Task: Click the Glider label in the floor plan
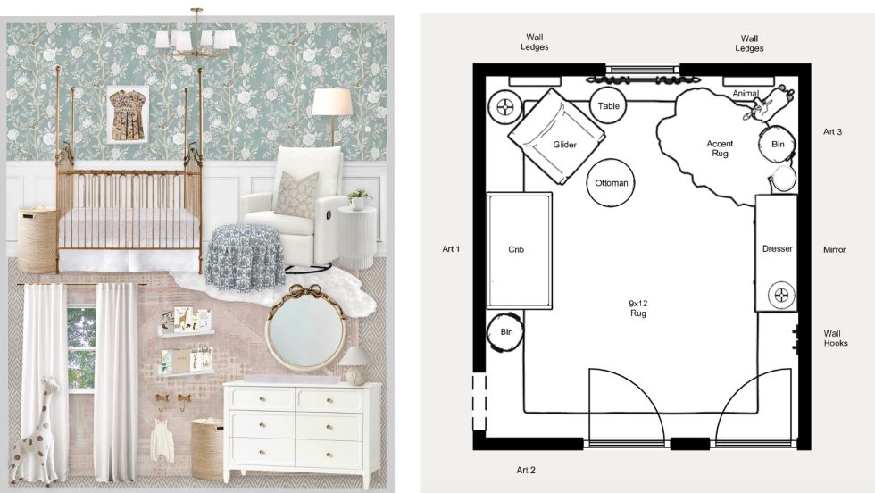(564, 145)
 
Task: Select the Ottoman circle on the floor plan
(611, 182)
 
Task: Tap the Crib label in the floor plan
(516, 249)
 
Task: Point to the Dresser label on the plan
(778, 248)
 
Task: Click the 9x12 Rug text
(637, 308)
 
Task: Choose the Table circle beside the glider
(609, 105)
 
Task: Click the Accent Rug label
(720, 148)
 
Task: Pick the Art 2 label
(526, 470)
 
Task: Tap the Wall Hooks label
(836, 338)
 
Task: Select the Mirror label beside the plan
(834, 249)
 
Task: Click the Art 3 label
(832, 132)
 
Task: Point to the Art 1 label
(451, 249)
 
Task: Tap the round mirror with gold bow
(305, 329)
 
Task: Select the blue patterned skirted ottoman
(245, 257)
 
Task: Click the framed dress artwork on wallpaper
(128, 114)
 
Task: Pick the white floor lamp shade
(332, 102)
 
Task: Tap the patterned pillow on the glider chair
(296, 195)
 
